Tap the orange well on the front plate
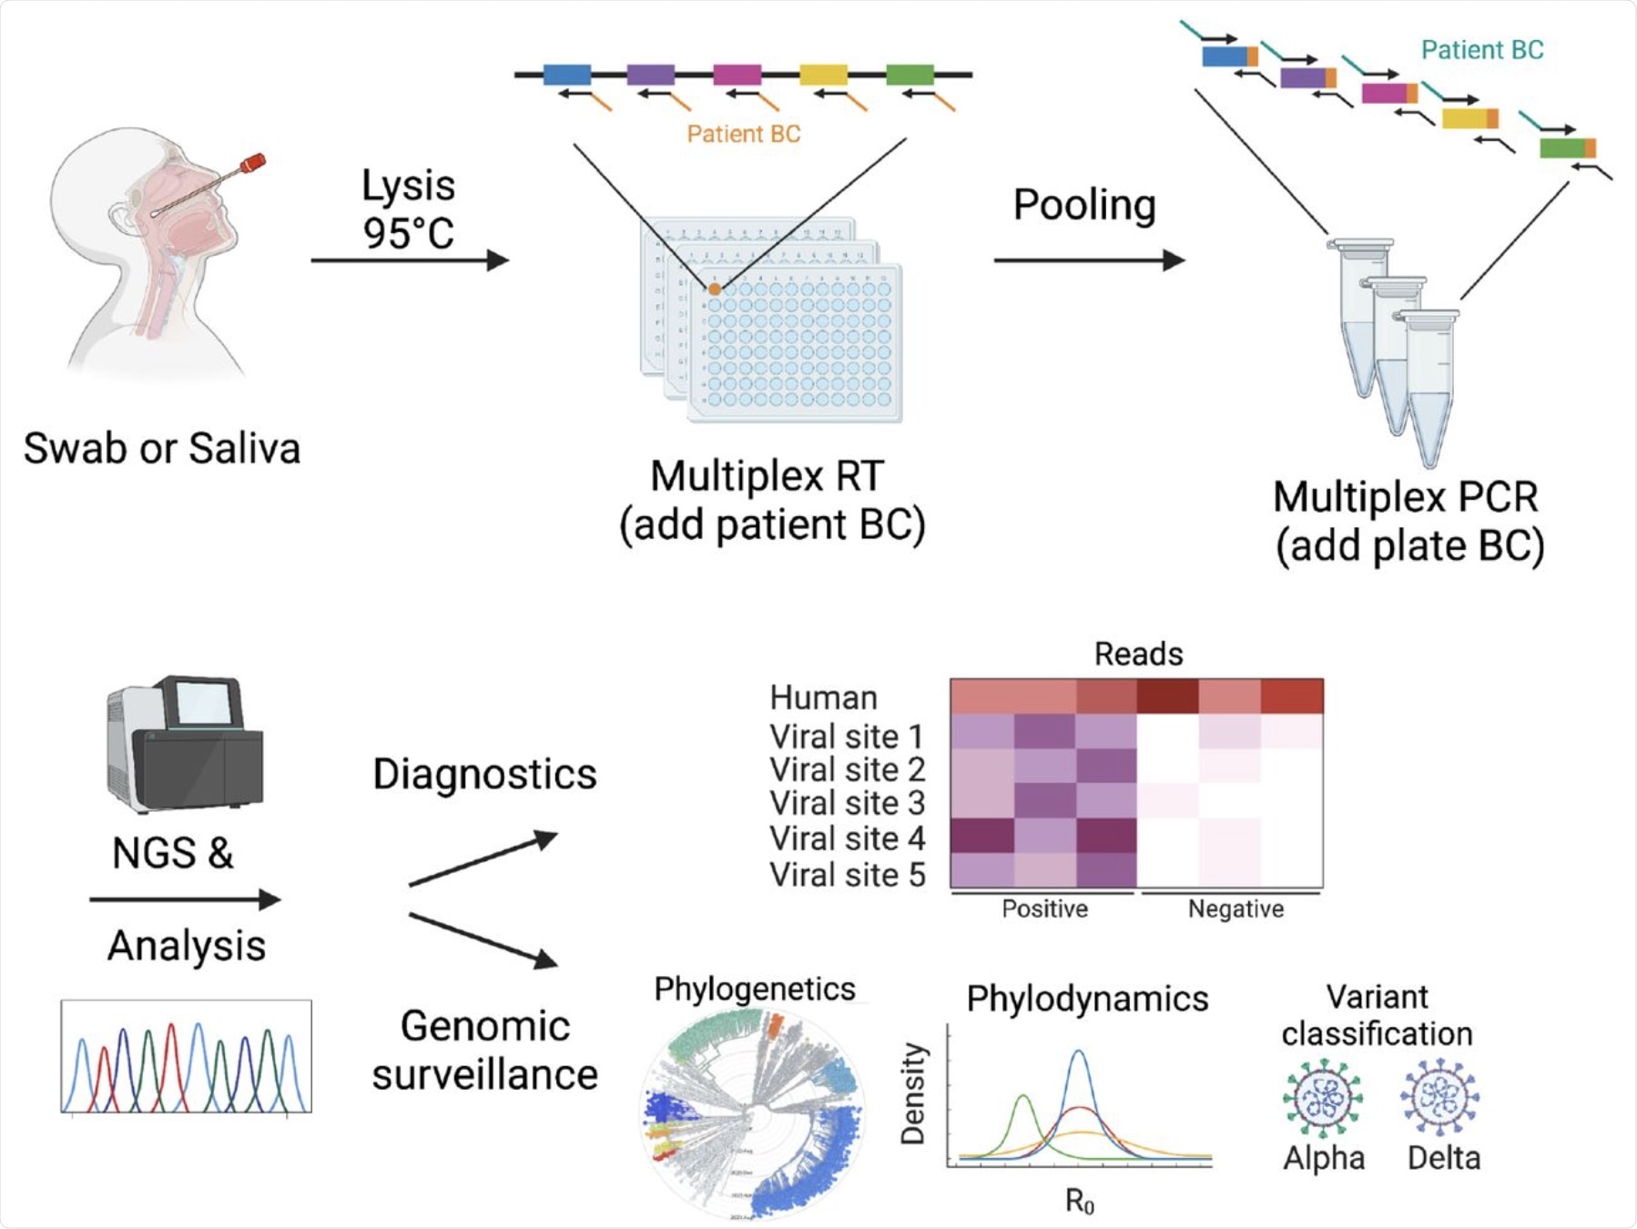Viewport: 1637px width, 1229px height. [715, 289]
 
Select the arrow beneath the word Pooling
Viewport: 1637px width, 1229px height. [1088, 260]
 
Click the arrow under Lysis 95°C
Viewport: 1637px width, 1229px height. [409, 260]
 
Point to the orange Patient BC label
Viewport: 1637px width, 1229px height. [743, 135]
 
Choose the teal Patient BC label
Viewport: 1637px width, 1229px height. [1481, 50]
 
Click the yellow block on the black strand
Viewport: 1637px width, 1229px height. [823, 74]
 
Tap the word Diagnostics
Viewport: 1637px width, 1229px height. [484, 775]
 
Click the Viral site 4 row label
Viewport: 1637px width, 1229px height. [847, 838]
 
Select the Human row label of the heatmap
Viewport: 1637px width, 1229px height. [823, 698]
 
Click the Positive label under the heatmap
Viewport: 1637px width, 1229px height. [1044, 909]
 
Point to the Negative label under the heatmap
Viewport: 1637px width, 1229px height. [1235, 909]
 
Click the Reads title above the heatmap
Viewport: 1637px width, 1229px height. [1138, 654]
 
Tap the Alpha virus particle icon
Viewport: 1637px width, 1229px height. [1323, 1098]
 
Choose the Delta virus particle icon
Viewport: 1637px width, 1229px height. [1439, 1097]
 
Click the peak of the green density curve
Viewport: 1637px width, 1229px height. [1024, 1097]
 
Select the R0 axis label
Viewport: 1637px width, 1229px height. [1080, 1202]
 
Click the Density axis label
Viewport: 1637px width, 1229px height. [913, 1093]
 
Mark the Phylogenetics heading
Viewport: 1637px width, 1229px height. [754, 989]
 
